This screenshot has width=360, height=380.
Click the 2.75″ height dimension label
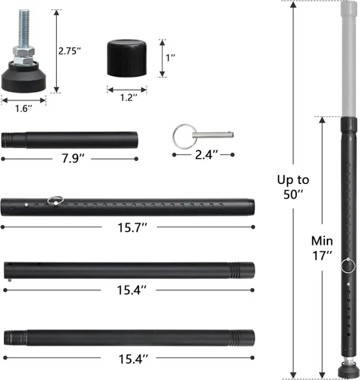click(x=69, y=51)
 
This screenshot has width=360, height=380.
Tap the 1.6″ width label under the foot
click(x=24, y=109)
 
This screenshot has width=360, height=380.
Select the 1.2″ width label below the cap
click(x=129, y=97)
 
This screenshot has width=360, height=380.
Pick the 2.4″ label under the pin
click(x=207, y=155)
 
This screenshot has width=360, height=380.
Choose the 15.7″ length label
click(x=132, y=227)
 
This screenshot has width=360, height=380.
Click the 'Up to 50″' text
click(x=293, y=187)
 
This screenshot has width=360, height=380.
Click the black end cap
click(x=127, y=58)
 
